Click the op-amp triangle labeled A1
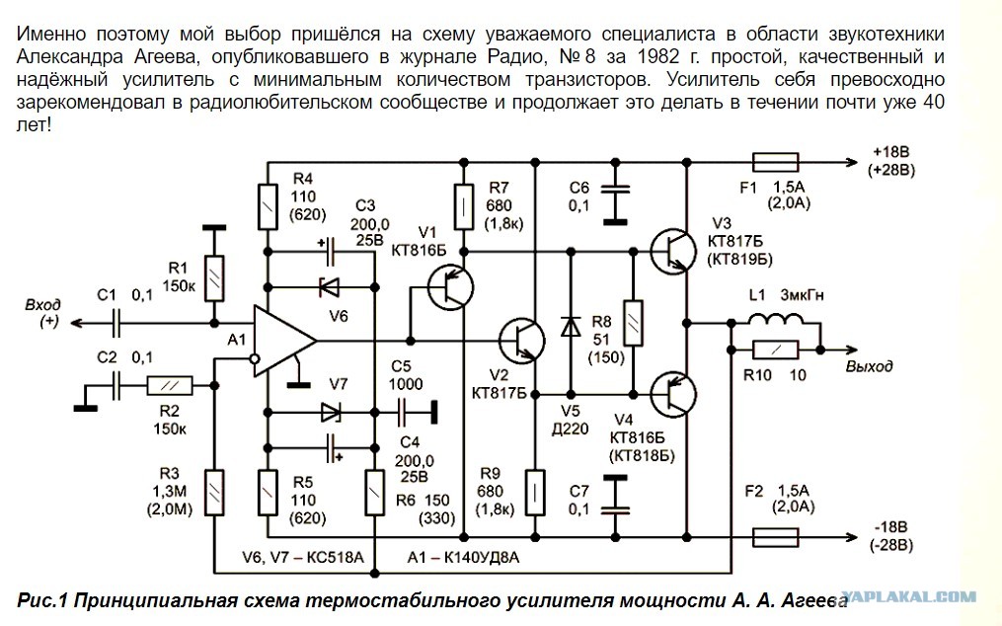[281, 341]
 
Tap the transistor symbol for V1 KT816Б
[450, 287]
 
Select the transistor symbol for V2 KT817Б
[521, 341]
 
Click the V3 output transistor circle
[673, 252]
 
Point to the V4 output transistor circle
[673, 395]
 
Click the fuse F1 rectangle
[775, 162]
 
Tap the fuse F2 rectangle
[775, 537]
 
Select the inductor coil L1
[775, 319]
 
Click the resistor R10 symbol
[775, 350]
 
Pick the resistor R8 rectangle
[633, 323]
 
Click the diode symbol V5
[571, 326]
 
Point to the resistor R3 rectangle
[215, 493]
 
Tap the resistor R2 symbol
[170, 386]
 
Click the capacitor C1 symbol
[116, 324]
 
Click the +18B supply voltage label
[890, 152]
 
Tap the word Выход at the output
[869, 366]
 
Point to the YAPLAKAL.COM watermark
[908, 596]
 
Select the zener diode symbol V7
[330, 413]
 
